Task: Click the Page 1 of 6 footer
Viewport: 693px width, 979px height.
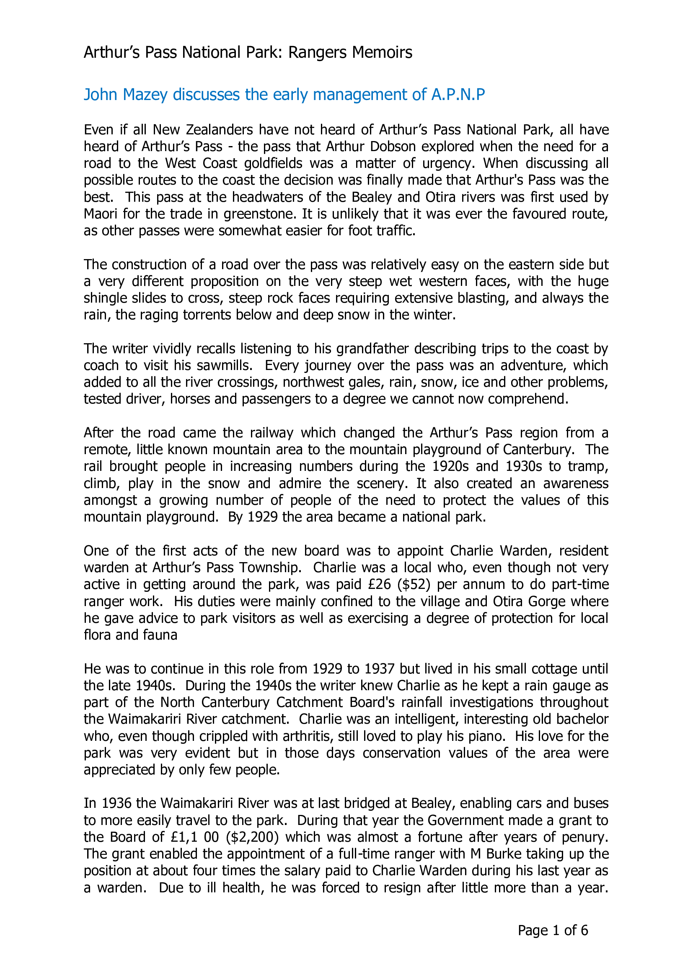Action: (x=553, y=930)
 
